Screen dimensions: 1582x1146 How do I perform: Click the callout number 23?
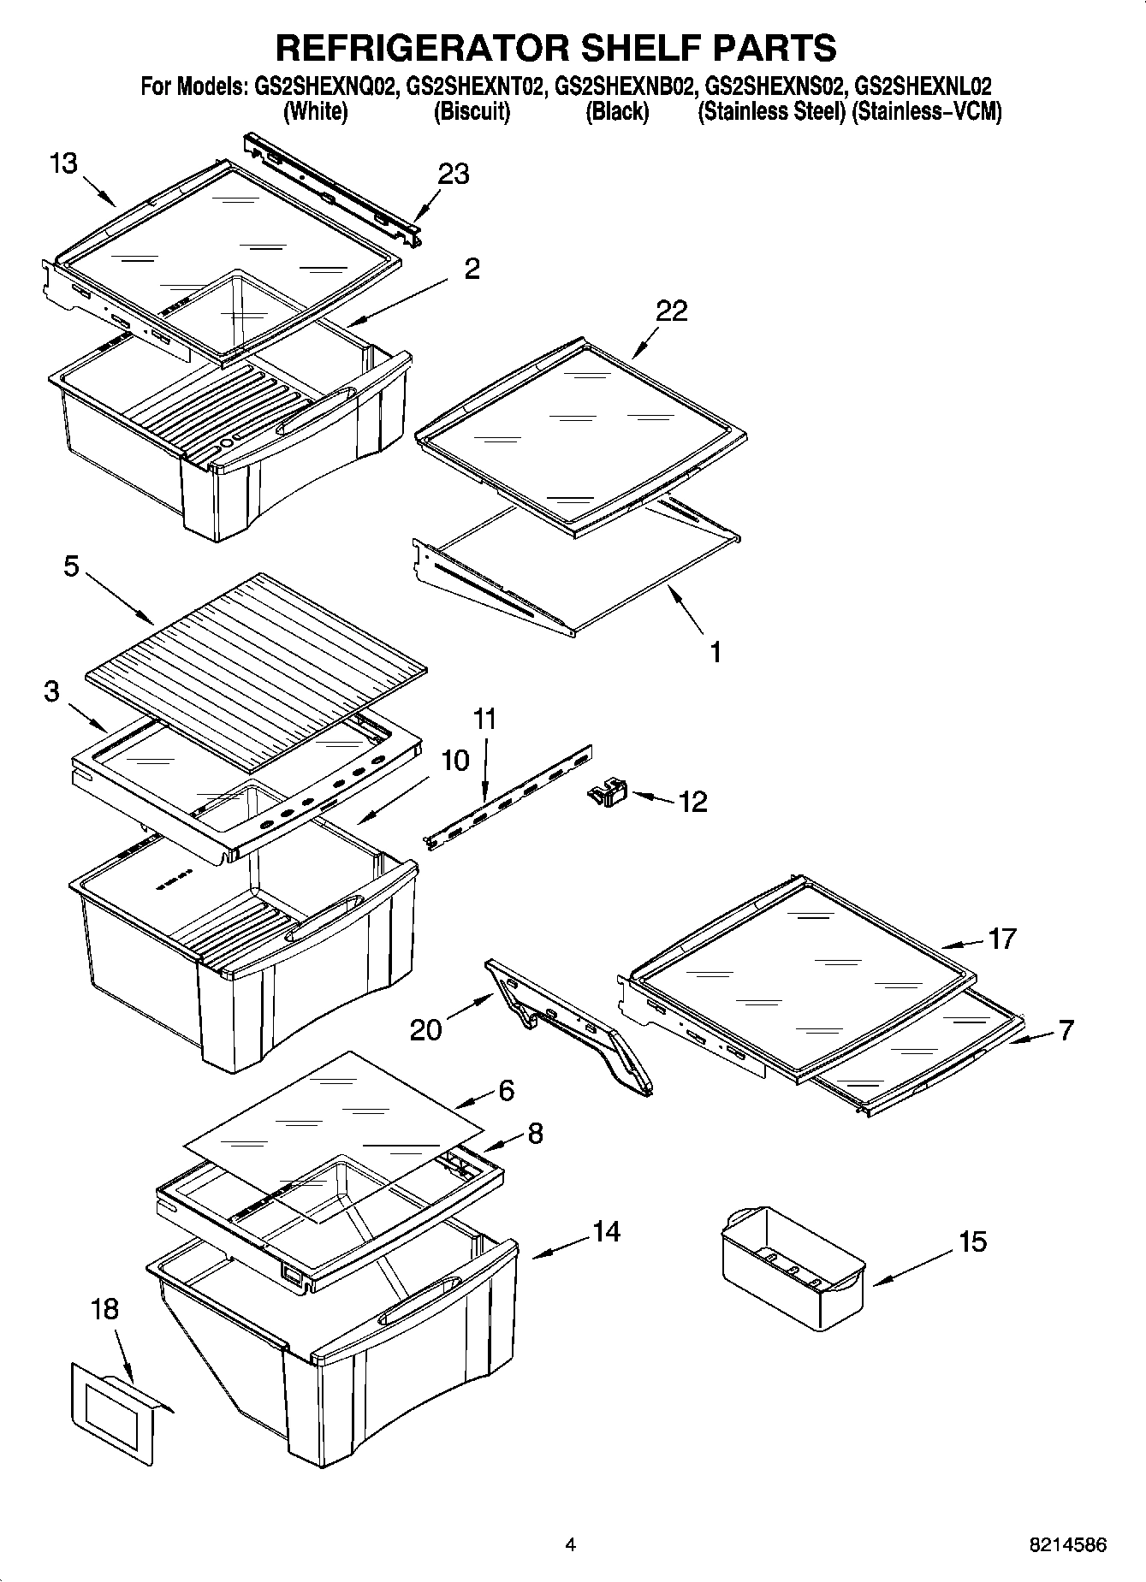click(x=454, y=174)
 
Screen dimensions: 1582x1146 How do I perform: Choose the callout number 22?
click(x=671, y=311)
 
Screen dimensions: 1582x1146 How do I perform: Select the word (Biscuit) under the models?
click(x=472, y=112)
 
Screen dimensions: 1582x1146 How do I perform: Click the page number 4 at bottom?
click(x=570, y=1545)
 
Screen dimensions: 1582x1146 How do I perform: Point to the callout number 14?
click(x=606, y=1231)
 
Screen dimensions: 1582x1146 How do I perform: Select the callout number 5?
click(x=72, y=566)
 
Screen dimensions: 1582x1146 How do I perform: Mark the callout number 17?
click(x=1001, y=939)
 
